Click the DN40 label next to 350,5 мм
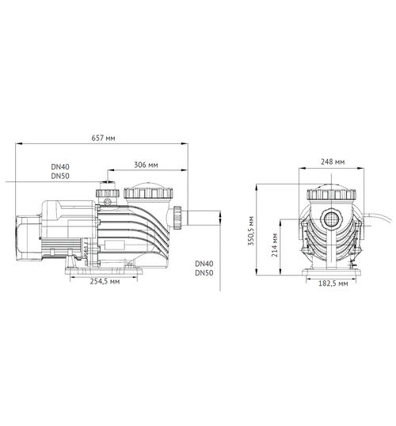204,264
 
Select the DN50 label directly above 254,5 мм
204,273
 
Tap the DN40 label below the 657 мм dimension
60,167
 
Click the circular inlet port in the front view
330,218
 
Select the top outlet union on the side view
106,192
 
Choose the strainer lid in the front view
331,193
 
